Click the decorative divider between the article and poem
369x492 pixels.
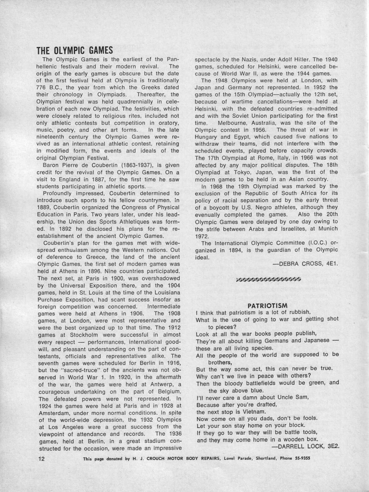pos(268,279)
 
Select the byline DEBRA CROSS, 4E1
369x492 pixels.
pos(305,264)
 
